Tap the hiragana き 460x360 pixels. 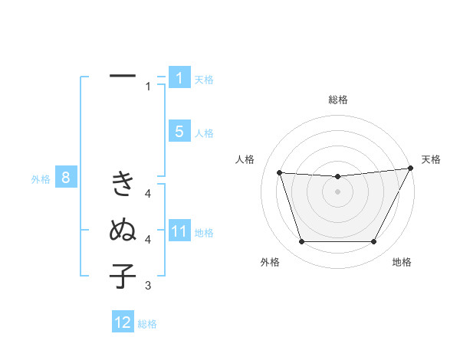(123, 184)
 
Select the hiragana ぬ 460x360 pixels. (123, 230)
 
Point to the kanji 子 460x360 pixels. (123, 276)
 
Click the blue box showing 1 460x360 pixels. (179, 78)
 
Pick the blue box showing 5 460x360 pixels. (179, 132)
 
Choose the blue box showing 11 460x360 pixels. (179, 231)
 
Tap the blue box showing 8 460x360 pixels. (66, 178)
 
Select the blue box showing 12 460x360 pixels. (123, 322)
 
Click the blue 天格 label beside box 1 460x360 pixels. (204, 79)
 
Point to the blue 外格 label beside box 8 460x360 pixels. (41, 179)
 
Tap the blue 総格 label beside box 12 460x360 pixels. (147, 324)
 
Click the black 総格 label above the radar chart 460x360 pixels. (337, 100)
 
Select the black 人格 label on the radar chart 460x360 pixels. (245, 159)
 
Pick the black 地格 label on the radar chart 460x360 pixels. (402, 262)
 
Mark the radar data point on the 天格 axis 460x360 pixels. (411, 169)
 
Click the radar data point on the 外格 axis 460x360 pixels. (301, 242)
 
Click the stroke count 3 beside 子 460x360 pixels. (148, 286)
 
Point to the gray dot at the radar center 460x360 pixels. (337, 191)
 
